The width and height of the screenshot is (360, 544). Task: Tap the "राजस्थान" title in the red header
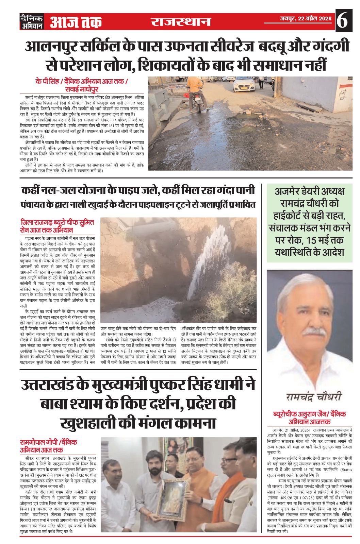point(181,22)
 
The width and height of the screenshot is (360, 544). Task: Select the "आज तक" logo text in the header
point(76,22)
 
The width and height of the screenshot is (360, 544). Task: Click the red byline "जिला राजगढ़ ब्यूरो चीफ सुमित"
point(57,223)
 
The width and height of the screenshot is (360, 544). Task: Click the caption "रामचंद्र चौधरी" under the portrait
point(313,396)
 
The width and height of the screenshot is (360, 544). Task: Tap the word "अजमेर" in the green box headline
point(287,191)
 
